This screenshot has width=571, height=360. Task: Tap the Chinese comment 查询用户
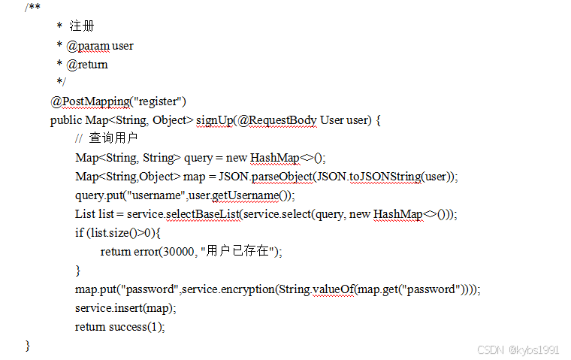113,139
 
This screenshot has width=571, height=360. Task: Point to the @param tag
87,45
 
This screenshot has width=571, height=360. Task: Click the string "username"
155,195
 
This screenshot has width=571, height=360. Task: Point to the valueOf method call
331,289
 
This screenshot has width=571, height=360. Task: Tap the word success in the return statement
128,327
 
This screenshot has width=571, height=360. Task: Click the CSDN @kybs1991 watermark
518,350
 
